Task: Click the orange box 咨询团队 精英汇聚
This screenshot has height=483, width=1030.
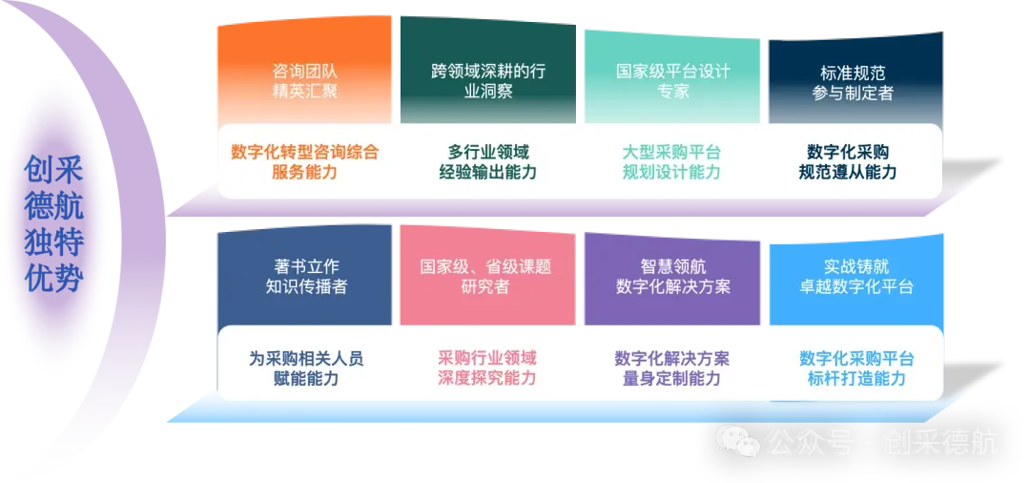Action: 304,81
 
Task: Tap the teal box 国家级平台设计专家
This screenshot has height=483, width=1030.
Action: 672,81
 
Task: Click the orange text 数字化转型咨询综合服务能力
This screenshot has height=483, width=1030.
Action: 304,161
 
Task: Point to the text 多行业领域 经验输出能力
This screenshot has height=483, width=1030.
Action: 487,161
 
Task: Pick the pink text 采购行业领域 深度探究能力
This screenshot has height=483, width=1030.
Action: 487,367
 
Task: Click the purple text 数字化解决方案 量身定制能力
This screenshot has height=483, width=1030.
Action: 672,367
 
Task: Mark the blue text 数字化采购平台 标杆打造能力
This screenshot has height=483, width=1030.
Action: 856,367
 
